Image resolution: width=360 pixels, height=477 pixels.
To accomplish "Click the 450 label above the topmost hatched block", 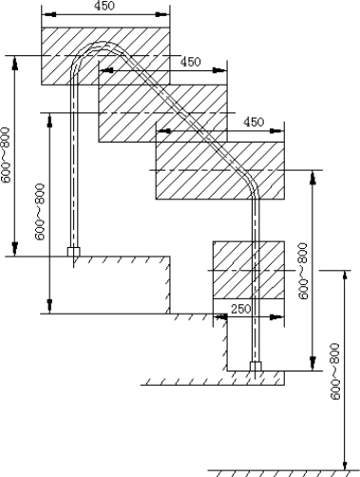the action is tap(104, 6).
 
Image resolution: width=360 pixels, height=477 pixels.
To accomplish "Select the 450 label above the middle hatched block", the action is tap(190, 62).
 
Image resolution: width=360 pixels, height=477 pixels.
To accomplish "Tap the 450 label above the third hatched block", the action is tap(254, 122).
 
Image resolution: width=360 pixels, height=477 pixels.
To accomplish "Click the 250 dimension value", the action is tap(240, 309).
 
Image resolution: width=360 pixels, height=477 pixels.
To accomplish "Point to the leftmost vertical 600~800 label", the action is tap(6, 155).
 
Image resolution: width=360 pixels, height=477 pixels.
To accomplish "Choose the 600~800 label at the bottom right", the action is tap(334, 372).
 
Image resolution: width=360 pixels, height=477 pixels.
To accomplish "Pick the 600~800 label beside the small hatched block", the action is tap(303, 271).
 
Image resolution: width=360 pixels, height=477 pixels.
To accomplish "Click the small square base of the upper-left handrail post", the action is tap(73, 252).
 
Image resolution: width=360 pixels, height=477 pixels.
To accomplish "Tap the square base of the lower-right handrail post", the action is tap(256, 367).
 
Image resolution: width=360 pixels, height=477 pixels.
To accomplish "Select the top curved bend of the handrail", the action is tap(102, 45).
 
